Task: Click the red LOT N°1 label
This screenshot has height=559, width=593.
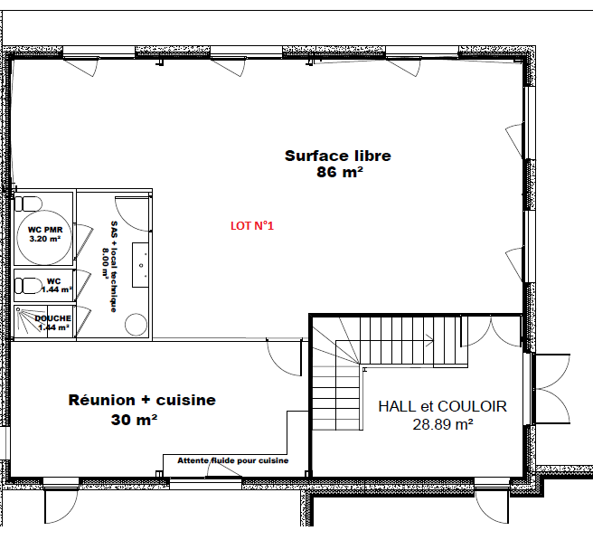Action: pyautogui.click(x=252, y=226)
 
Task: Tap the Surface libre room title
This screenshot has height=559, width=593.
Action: pyautogui.click(x=338, y=156)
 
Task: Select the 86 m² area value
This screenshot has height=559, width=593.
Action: pyautogui.click(x=340, y=172)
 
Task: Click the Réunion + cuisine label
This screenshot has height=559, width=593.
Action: pyautogui.click(x=142, y=400)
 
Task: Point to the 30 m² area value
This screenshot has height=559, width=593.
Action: pyautogui.click(x=134, y=420)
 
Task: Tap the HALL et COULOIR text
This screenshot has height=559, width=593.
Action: pyautogui.click(x=442, y=406)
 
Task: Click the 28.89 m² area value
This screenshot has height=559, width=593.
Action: pyautogui.click(x=442, y=424)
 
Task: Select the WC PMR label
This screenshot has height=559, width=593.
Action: pyautogui.click(x=45, y=230)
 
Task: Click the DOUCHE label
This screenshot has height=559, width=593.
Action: pyautogui.click(x=53, y=318)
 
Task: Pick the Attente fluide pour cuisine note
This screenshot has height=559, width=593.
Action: pyautogui.click(x=233, y=460)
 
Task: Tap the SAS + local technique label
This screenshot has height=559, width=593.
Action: pyautogui.click(x=114, y=267)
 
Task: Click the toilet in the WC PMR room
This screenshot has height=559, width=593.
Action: pyautogui.click(x=28, y=204)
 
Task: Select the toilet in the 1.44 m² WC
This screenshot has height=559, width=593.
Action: pyautogui.click(x=28, y=286)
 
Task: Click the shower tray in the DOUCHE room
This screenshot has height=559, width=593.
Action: pyautogui.click(x=31, y=321)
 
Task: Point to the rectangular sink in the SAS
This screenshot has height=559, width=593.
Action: pyautogui.click(x=140, y=265)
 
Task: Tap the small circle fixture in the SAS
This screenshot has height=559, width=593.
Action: pyautogui.click(x=136, y=325)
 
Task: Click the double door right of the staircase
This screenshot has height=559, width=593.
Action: pyautogui.click(x=491, y=332)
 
